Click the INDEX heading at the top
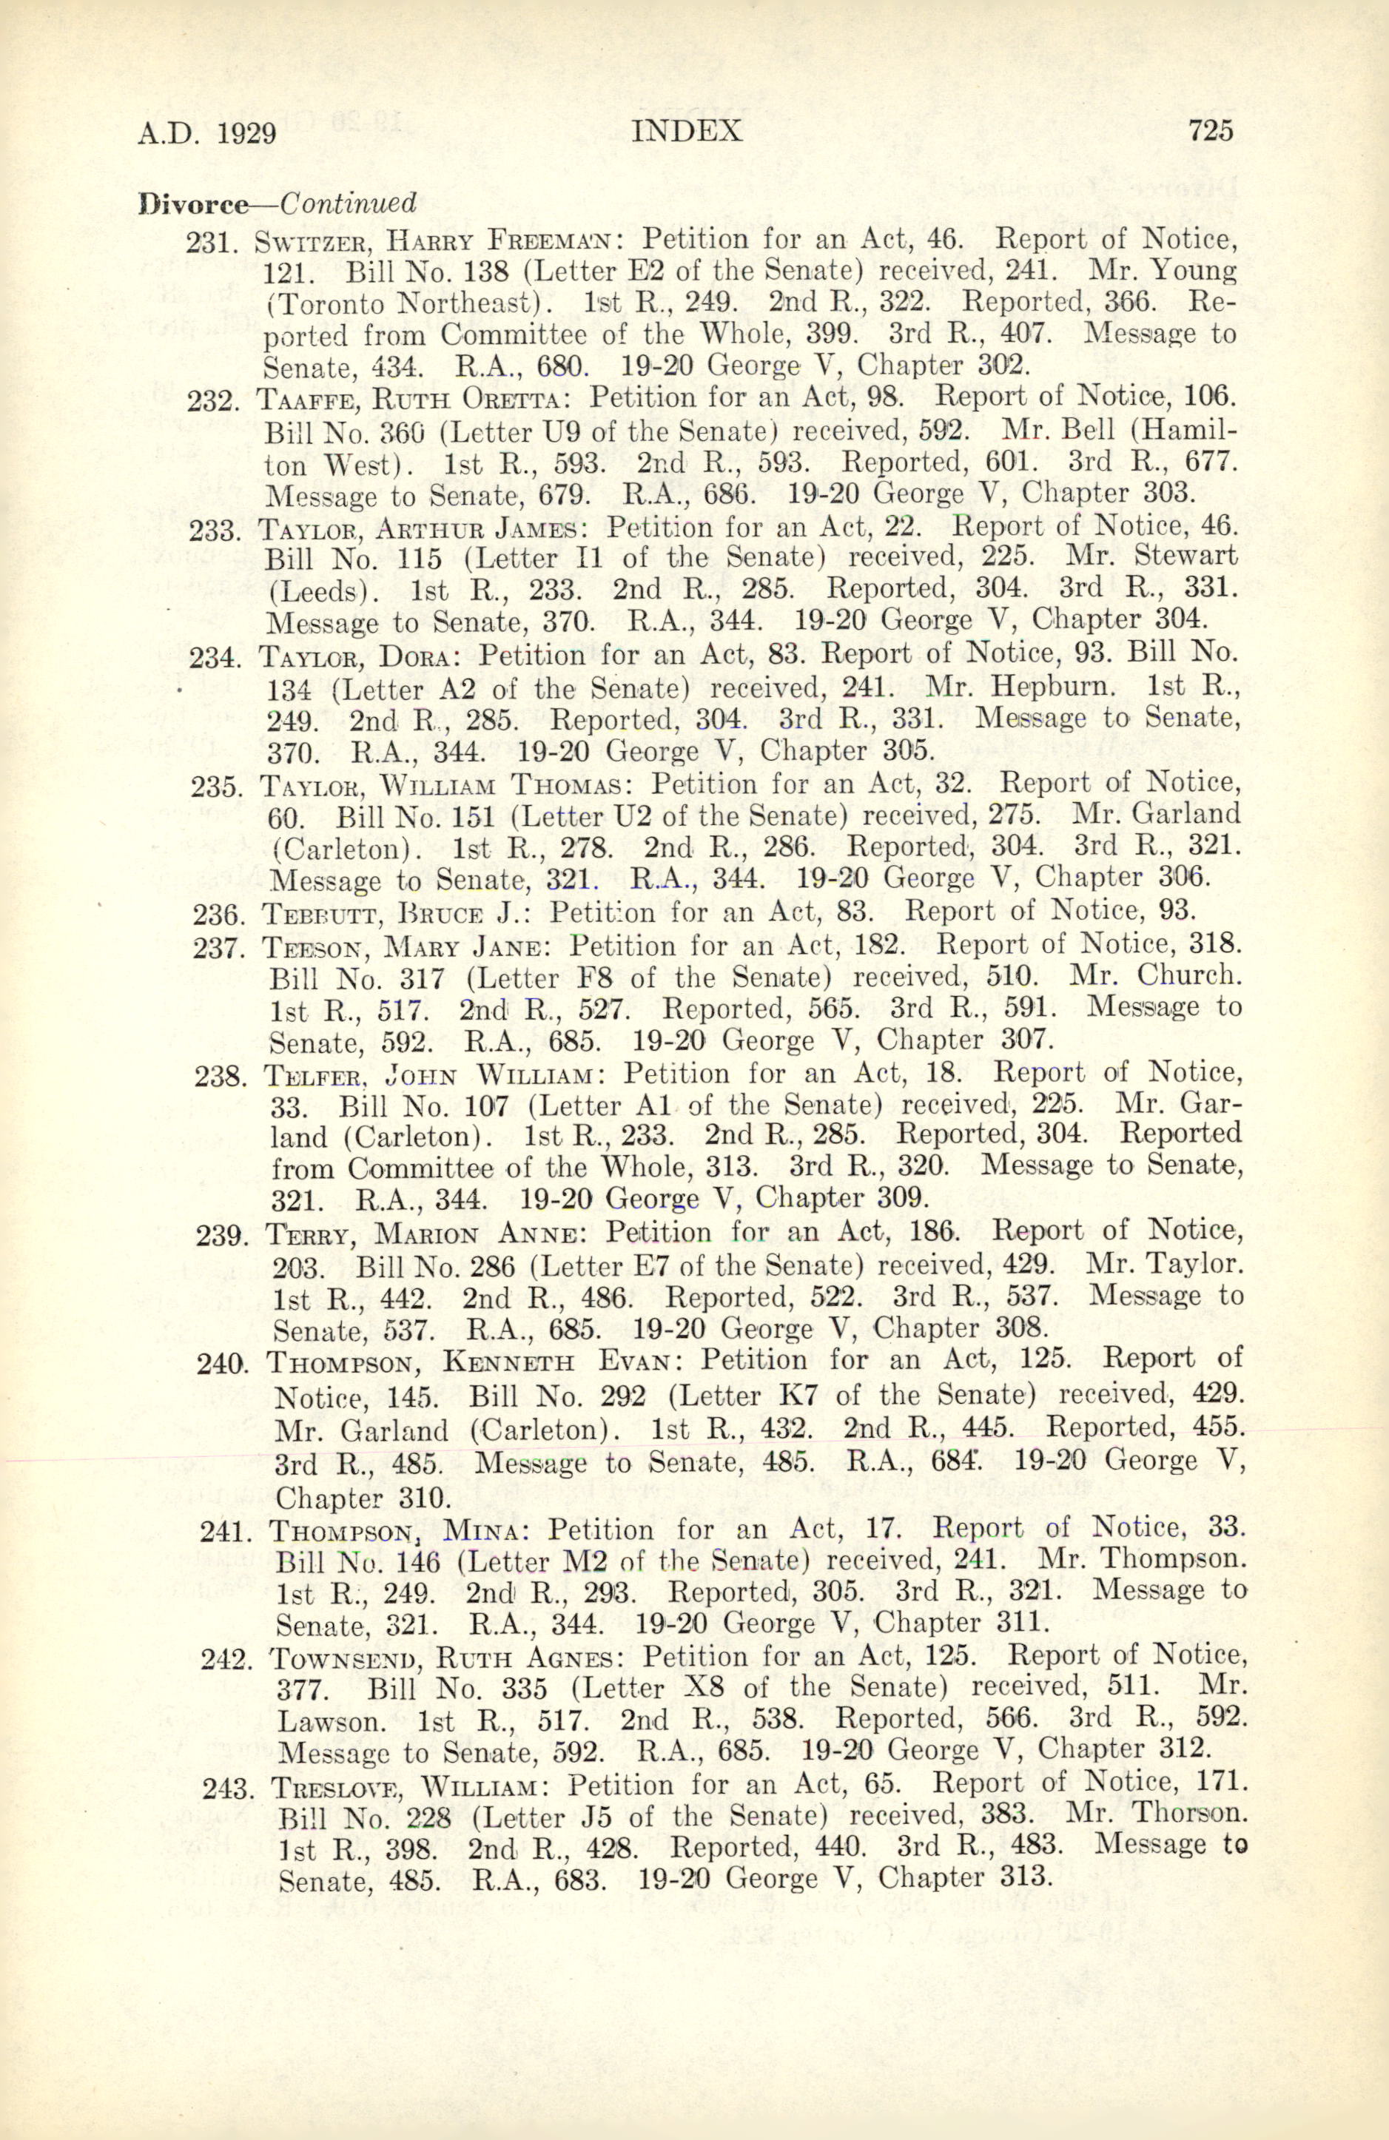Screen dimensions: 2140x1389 pos(687,132)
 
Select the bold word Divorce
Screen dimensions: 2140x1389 pos(192,204)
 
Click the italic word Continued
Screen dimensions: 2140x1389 pos(348,203)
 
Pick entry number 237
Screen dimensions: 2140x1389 pos(218,948)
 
